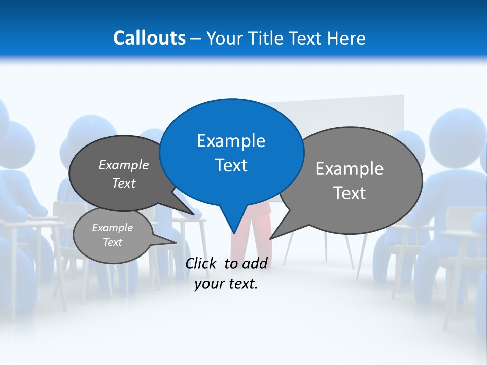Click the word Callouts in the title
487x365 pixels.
(149, 38)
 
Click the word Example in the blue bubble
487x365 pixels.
(231, 141)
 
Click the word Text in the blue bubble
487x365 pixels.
(231, 165)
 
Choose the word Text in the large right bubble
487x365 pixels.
(350, 193)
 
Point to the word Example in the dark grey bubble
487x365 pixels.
(124, 165)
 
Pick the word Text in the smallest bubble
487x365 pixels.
(113, 242)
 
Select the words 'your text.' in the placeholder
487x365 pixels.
(226, 284)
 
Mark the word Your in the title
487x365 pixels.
(224, 39)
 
